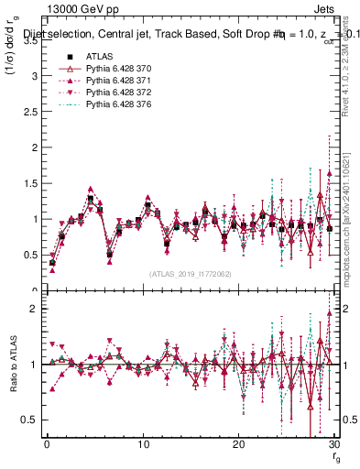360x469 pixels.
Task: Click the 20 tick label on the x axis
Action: coord(238,444)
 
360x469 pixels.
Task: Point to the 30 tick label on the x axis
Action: coord(333,444)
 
